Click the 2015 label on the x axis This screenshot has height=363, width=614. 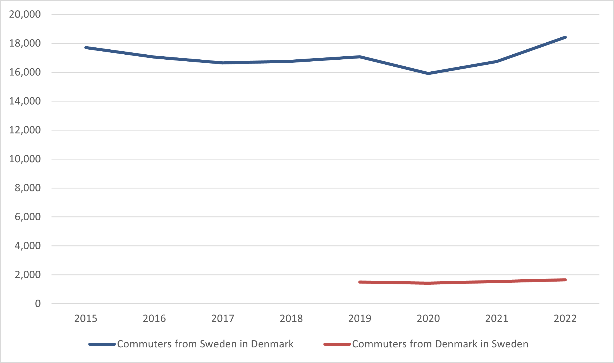(x=86, y=318)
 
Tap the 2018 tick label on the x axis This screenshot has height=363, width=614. (x=291, y=318)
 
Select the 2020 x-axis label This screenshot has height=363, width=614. (x=428, y=318)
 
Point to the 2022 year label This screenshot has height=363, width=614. (x=565, y=318)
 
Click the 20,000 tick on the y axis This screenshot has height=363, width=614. (x=25, y=14)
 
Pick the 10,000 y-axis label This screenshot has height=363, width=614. (x=25, y=159)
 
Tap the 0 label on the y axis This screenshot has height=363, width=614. (x=38, y=304)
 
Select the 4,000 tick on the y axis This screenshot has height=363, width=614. (x=28, y=246)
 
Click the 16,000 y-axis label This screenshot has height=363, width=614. (x=25, y=72)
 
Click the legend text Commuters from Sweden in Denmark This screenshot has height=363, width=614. (x=205, y=344)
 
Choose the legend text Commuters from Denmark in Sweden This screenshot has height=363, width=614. (x=440, y=344)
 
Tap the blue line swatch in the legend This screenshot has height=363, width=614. (x=102, y=344)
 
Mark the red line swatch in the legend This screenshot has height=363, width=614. (x=337, y=344)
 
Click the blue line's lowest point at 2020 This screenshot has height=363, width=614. (x=428, y=74)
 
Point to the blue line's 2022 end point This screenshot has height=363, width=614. (x=565, y=37)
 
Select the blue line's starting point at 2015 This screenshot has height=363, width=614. (x=86, y=48)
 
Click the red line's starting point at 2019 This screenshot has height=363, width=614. (x=360, y=282)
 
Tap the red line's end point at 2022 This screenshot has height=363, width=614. (x=565, y=280)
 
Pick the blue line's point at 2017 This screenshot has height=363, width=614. (x=223, y=63)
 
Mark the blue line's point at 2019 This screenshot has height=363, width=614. (x=360, y=57)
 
